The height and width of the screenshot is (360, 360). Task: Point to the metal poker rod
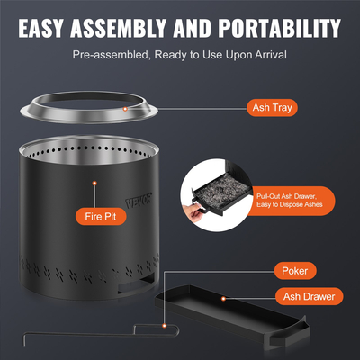coord(81,340)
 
